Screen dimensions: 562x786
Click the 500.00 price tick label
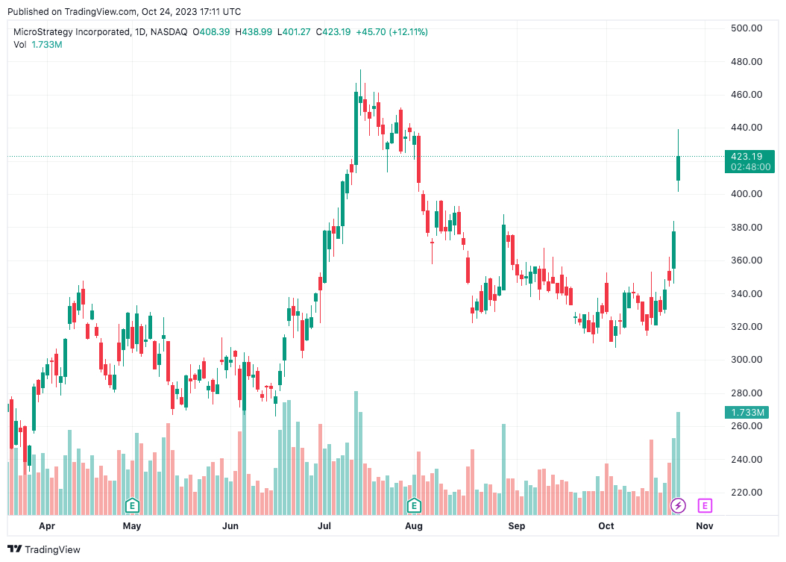tap(746, 28)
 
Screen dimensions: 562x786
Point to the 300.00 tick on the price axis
tap(746, 360)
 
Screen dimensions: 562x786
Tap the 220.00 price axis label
tap(746, 493)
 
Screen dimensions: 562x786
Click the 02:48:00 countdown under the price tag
tap(749, 167)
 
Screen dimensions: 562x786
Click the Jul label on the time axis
tap(324, 526)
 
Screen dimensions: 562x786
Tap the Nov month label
tap(705, 526)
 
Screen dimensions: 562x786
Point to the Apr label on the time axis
tap(47, 526)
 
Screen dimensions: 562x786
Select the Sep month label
tap(516, 526)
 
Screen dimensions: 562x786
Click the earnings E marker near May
tap(132, 506)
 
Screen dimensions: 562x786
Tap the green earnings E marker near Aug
tap(413, 506)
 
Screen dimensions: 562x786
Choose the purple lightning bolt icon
tap(678, 506)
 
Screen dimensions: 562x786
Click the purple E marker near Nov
tap(705, 506)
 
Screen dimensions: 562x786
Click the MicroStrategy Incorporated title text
tap(78, 32)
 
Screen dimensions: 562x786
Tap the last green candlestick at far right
tap(679, 168)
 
